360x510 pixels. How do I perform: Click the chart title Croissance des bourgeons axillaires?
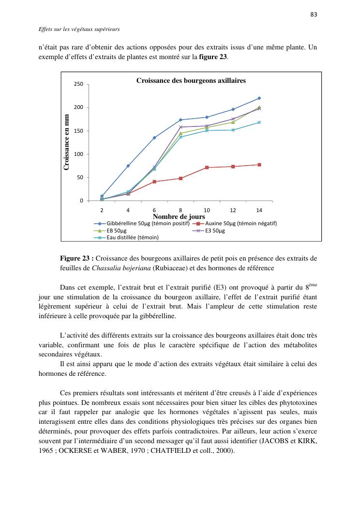191,80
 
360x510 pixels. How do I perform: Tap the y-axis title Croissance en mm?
67,142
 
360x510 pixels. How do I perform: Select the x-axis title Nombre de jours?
179,216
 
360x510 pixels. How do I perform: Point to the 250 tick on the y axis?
78,84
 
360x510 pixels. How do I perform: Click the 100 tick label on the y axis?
78,154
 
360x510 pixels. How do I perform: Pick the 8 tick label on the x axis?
180,210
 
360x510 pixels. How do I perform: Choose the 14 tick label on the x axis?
259,210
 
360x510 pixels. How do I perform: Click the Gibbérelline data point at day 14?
259,98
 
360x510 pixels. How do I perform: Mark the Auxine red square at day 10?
207,168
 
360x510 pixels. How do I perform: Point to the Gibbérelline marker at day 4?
128,166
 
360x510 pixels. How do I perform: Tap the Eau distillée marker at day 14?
259,123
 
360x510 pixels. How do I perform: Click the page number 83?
314,14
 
